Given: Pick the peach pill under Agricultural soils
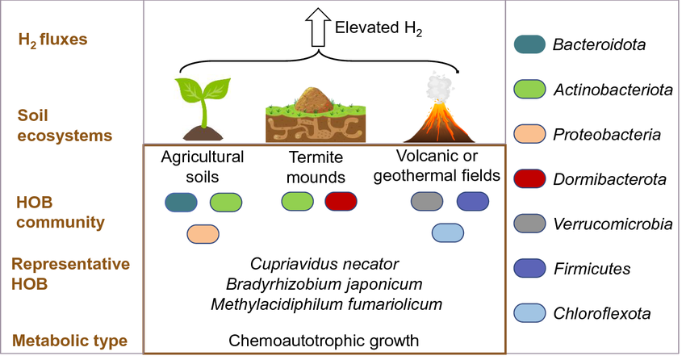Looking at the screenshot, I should click(x=203, y=234).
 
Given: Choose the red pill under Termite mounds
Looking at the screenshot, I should click(x=341, y=202).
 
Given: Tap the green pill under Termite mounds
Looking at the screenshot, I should click(x=297, y=202).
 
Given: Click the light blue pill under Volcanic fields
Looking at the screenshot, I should click(x=448, y=233).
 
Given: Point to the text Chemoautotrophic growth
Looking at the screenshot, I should click(x=324, y=341).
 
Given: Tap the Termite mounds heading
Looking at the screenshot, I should click(x=316, y=166).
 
